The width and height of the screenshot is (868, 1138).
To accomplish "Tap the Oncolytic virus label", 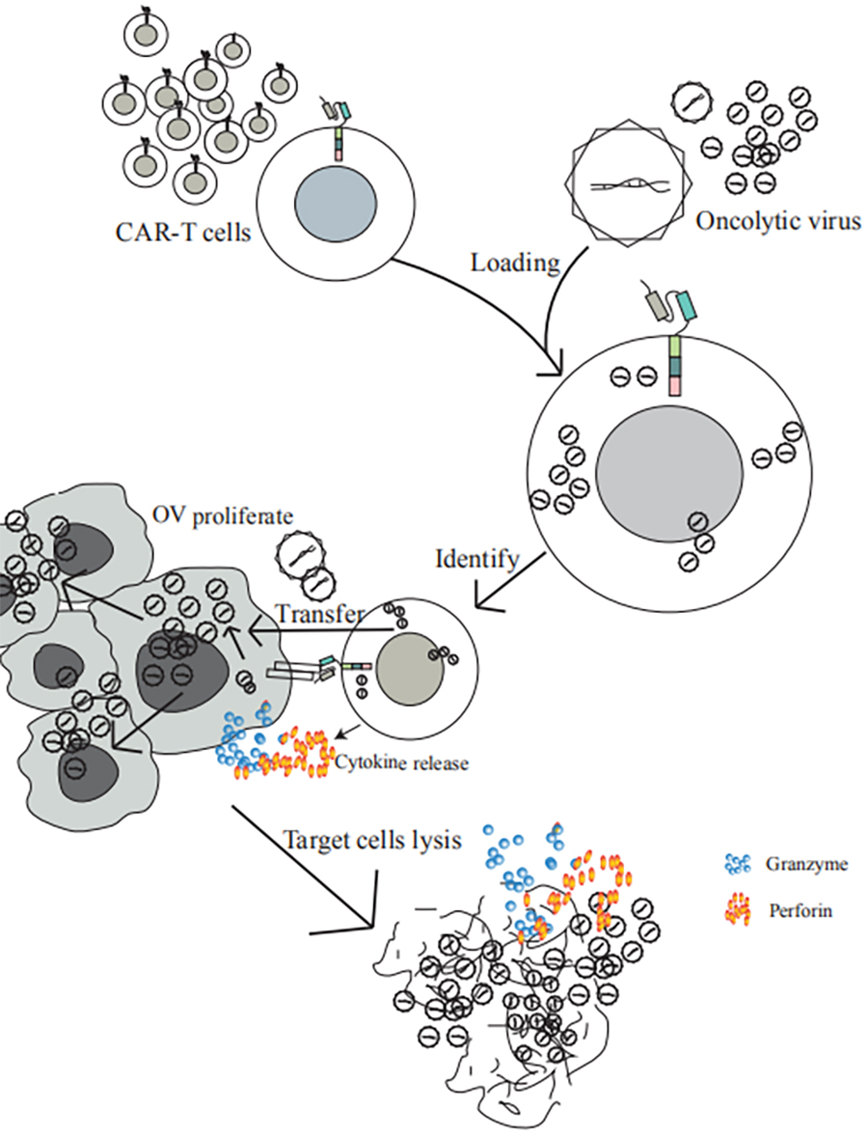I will (x=778, y=220).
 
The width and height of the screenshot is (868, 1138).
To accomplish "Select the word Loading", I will (x=515, y=263).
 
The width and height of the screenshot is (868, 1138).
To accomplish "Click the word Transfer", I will (x=319, y=614).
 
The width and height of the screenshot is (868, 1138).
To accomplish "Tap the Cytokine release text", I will (x=401, y=763).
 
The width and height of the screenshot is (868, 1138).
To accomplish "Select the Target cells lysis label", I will (x=373, y=840).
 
